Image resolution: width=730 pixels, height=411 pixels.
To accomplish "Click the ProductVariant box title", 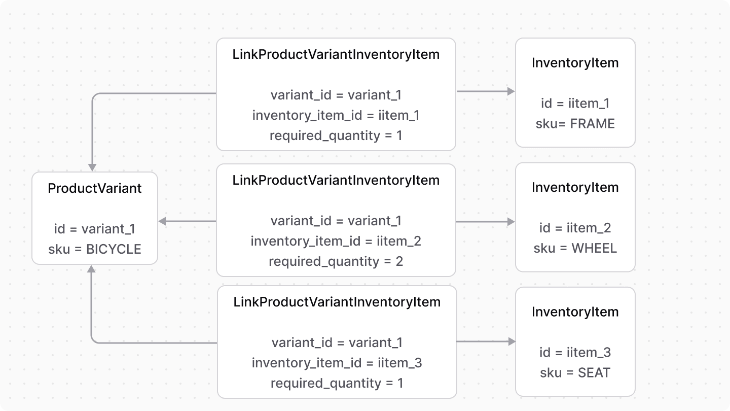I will tap(95, 188).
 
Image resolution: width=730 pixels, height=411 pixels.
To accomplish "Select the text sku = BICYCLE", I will tap(95, 249).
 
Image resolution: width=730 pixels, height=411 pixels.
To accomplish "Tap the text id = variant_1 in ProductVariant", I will tap(95, 229).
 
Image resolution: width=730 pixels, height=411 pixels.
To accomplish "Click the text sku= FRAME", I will tap(575, 124).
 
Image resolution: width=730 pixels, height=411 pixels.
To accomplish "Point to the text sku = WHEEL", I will tap(575, 248).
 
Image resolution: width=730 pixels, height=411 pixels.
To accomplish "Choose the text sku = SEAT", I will tap(575, 373).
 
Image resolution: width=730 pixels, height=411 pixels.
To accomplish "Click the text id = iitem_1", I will tap(575, 104).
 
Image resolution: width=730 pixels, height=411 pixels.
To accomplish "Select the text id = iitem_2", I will tap(575, 228).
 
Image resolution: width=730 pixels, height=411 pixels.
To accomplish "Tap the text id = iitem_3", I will tap(575, 353).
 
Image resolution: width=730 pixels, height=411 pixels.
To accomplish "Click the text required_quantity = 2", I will tap(336, 261).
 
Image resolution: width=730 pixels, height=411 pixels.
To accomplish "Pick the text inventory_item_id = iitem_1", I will tap(336, 115).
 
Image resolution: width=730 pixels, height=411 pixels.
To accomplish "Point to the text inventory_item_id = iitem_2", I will tap(336, 241).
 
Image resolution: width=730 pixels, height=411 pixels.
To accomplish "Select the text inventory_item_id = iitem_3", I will tap(337, 363).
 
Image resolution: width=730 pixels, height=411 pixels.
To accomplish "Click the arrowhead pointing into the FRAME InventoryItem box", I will tap(511, 91).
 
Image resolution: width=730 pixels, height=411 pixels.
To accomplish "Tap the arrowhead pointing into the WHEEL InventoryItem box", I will tap(511, 222).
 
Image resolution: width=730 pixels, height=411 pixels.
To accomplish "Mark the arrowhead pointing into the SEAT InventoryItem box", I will tap(512, 342).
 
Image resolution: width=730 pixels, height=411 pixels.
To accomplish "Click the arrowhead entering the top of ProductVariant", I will tap(92, 167).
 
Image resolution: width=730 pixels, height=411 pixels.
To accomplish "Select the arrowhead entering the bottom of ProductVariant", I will tap(91, 269).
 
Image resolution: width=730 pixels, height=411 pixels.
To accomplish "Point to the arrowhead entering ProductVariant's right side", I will tap(163, 221).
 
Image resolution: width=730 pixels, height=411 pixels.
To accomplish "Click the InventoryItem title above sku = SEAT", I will tap(575, 312).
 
